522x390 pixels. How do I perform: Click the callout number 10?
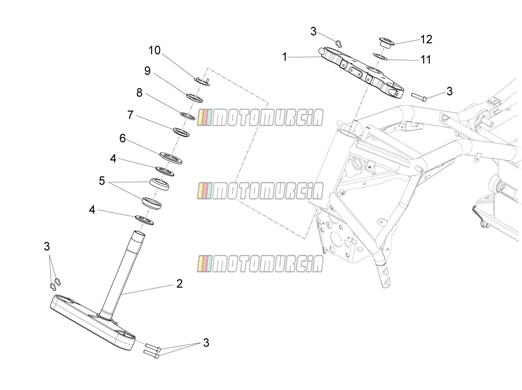coord(154,50)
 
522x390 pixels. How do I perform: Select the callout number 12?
coord(426,39)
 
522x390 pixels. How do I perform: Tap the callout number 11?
coord(426,59)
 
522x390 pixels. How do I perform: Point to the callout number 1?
coord(284,57)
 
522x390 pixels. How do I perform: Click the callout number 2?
coord(179,283)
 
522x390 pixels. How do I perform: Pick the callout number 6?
coord(123,138)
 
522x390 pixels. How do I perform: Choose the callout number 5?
coord(102,181)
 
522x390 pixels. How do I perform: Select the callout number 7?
coord(130,115)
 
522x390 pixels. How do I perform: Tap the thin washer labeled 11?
coord(380,57)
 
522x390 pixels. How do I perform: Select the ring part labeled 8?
coord(188,116)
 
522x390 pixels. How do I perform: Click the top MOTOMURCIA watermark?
coord(260,117)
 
